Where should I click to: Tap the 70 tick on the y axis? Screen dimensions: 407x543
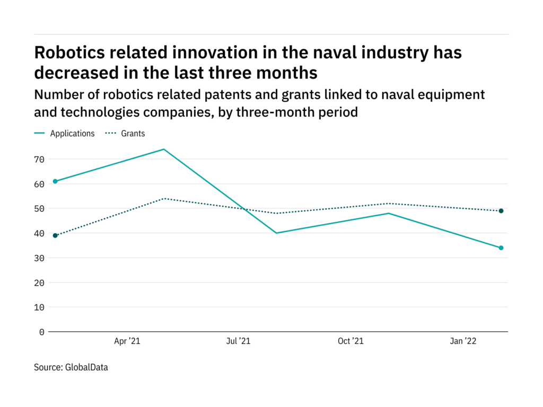pos(39,159)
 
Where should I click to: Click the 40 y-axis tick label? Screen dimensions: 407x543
pos(39,233)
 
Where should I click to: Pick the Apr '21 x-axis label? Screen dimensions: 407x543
pos(127,341)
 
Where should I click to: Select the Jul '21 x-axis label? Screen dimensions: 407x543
pos(238,341)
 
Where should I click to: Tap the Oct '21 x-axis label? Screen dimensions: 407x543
pos(351,341)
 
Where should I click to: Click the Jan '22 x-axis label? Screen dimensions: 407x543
pos(463,341)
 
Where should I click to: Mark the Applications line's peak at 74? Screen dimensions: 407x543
pos(164,149)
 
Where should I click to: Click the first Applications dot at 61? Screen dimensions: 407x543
pos(55,181)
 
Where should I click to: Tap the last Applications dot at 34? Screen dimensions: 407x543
pos(501,247)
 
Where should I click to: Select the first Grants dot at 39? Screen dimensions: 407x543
pos(55,235)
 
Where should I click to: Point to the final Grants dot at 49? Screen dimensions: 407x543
pos(501,211)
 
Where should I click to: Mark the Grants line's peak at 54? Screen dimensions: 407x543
pos(164,198)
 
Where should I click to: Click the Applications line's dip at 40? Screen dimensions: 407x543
pos(276,233)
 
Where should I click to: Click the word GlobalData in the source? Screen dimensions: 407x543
pos(86,367)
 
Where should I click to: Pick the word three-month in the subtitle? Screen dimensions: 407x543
pos(278,112)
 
